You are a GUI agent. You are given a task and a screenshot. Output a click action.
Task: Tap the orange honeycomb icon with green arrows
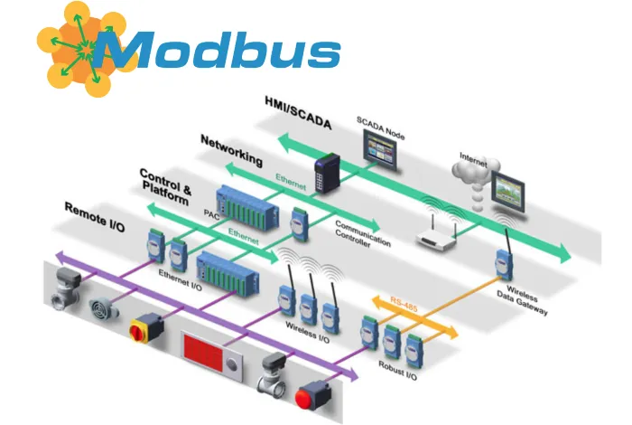pos(76,44)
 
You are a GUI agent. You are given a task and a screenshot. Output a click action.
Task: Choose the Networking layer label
pos(231,150)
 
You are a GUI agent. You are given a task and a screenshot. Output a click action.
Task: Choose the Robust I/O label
pos(400,370)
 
